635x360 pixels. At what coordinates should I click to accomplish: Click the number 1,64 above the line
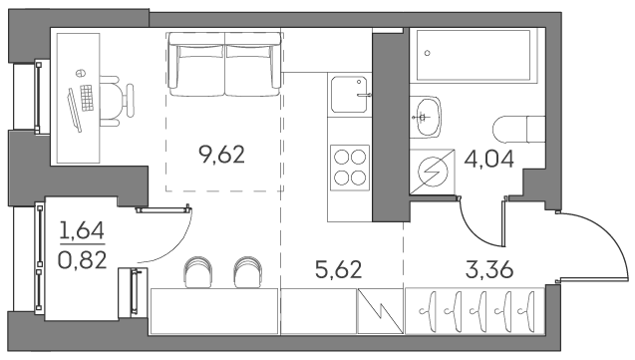click(x=83, y=232)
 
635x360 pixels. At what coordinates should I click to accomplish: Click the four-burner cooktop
click(x=349, y=166)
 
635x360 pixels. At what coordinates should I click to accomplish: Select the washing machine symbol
click(x=434, y=173)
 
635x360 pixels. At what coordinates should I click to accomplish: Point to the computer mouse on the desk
click(x=78, y=75)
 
